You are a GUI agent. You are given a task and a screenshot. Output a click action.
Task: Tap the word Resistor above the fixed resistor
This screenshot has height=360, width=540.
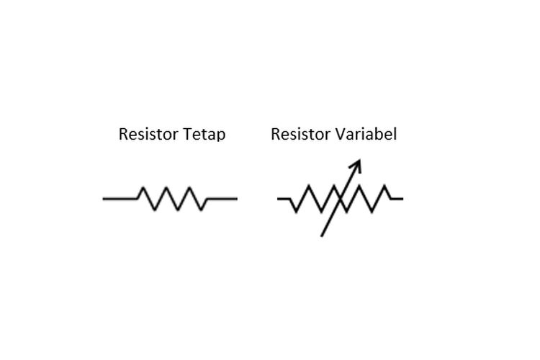[x=147, y=135]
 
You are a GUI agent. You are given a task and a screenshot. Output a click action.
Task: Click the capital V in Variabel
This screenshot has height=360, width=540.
[x=337, y=134]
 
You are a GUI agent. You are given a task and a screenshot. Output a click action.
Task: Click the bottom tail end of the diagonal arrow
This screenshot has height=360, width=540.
[x=322, y=235]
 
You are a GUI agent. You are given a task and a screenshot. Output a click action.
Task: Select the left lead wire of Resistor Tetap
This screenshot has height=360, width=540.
[x=120, y=198]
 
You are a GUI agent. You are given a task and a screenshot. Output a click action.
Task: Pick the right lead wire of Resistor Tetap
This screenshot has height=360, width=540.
[x=222, y=198]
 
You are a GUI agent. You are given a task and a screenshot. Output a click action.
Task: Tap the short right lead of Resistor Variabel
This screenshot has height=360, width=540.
[x=397, y=198]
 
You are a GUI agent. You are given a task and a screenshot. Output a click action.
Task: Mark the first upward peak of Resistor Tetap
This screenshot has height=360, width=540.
[x=144, y=188]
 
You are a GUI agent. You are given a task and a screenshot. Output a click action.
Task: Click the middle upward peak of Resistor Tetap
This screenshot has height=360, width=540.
[x=167, y=188]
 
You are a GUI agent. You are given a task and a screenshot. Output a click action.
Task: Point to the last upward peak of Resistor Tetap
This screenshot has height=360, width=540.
[x=191, y=188]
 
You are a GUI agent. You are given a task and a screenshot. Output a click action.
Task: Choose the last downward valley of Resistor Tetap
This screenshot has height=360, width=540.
[x=202, y=210]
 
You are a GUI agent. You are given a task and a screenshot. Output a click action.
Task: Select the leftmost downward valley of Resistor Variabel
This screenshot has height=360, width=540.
[x=296, y=212]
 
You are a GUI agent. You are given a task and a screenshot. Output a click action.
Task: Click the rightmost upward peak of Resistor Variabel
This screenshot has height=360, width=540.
[x=387, y=186]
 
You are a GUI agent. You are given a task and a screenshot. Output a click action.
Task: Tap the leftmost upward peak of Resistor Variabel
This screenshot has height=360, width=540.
[x=309, y=186]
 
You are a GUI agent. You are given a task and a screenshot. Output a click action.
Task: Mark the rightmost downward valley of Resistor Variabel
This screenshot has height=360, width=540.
[x=374, y=212]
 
